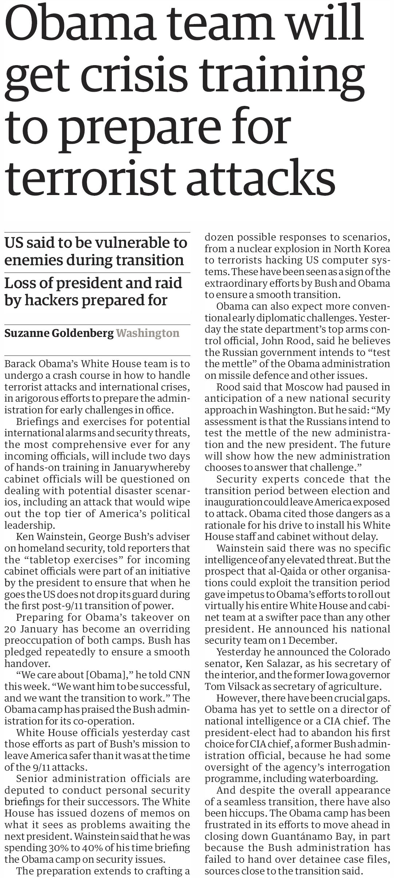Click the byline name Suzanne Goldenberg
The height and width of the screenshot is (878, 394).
point(59,333)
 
